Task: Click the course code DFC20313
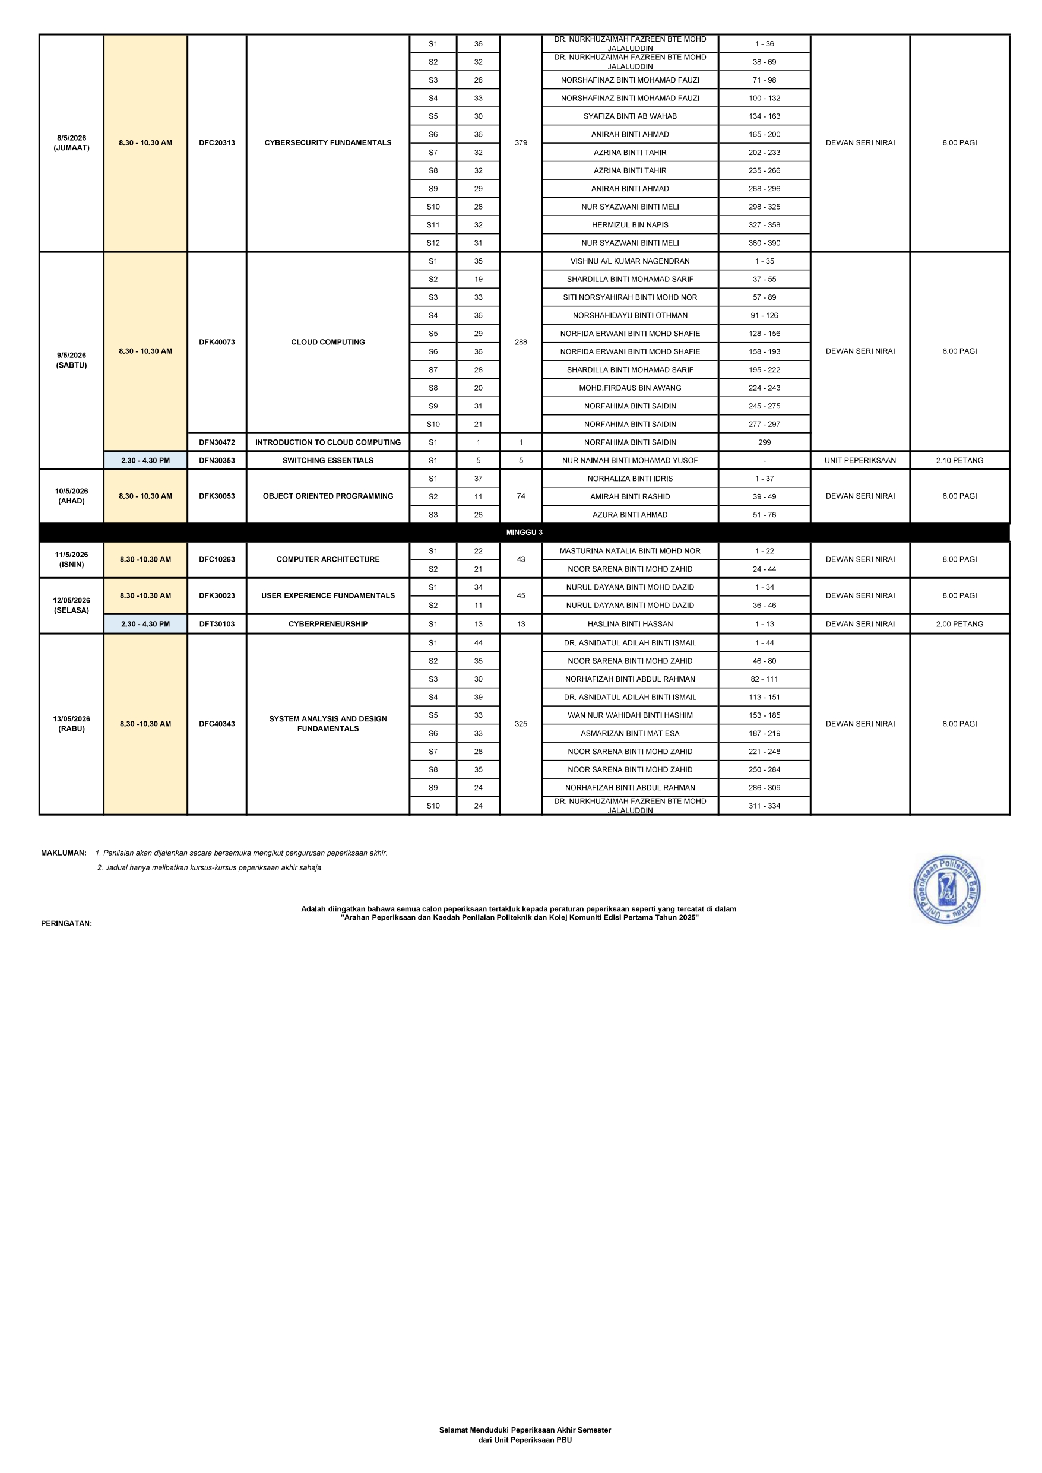coord(217,143)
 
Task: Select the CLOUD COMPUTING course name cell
coord(328,342)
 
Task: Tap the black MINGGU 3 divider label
coord(524,533)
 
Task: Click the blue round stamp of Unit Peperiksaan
coord(946,889)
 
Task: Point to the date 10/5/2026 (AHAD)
coord(71,496)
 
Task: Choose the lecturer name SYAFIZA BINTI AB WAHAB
coord(629,116)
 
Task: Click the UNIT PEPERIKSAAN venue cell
coord(860,460)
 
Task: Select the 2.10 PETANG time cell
coord(959,460)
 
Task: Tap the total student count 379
coord(520,143)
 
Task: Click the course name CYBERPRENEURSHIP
coord(328,623)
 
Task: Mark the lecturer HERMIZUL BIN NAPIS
coord(629,225)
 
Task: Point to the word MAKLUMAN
coord(64,853)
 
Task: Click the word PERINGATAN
coord(66,924)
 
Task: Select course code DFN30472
coord(217,442)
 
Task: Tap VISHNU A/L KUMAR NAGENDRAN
coord(629,261)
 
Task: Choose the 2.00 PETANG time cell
coord(959,623)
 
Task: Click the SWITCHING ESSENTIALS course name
coord(328,460)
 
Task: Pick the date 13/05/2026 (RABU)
coord(71,724)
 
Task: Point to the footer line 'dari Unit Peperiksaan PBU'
coord(524,1440)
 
